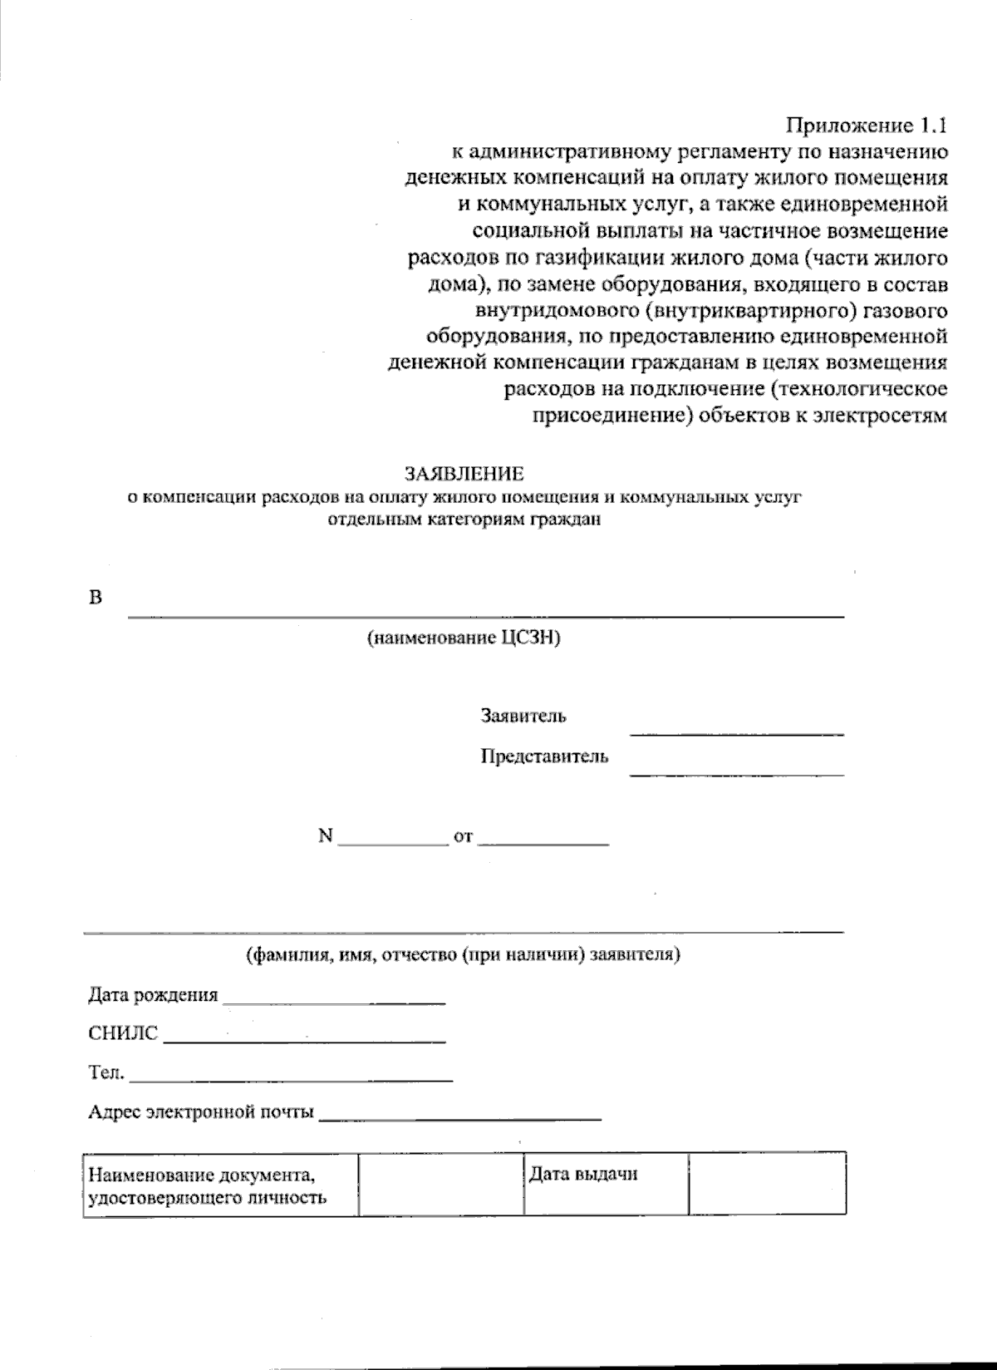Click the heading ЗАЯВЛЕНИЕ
[x=464, y=474]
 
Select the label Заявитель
[x=523, y=716]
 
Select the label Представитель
[x=544, y=756]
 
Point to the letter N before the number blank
[x=325, y=836]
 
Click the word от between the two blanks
[x=463, y=837]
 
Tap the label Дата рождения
[x=153, y=995]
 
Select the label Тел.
[x=106, y=1073]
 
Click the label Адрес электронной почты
[x=201, y=1112]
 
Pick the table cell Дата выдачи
[x=583, y=1175]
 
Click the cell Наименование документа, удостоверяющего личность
[x=208, y=1186]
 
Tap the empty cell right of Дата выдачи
[x=767, y=1185]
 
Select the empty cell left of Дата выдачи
[x=440, y=1185]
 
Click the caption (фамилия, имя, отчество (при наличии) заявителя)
[x=463, y=955]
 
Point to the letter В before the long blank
[x=95, y=598]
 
